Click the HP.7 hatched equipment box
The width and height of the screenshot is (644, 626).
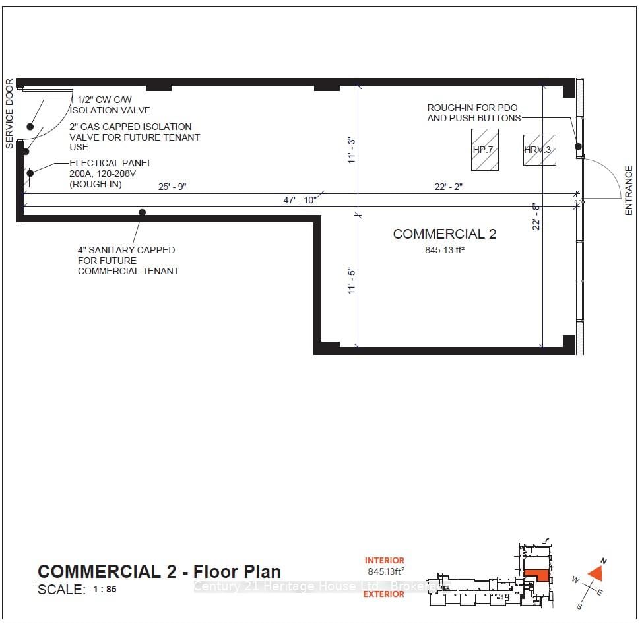pyautogui.click(x=484, y=150)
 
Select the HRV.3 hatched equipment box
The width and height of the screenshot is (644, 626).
pyautogui.click(x=539, y=150)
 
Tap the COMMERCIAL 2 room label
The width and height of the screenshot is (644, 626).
pyautogui.click(x=444, y=234)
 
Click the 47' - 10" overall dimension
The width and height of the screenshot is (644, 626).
pyautogui.click(x=300, y=200)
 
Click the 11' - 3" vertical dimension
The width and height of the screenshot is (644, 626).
pyautogui.click(x=352, y=150)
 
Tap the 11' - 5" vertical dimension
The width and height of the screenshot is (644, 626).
pyautogui.click(x=352, y=280)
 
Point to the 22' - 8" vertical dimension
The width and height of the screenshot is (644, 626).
pyautogui.click(x=536, y=216)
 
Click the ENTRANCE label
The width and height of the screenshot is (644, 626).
pyautogui.click(x=629, y=191)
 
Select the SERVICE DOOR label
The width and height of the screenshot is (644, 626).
pyautogui.click(x=9, y=113)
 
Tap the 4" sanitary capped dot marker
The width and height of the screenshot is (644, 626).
pyautogui.click(x=142, y=212)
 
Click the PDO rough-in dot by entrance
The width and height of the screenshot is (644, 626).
pyautogui.click(x=577, y=146)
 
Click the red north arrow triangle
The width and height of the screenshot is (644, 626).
pyautogui.click(x=596, y=572)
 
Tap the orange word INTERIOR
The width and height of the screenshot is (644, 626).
pyautogui.click(x=384, y=561)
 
